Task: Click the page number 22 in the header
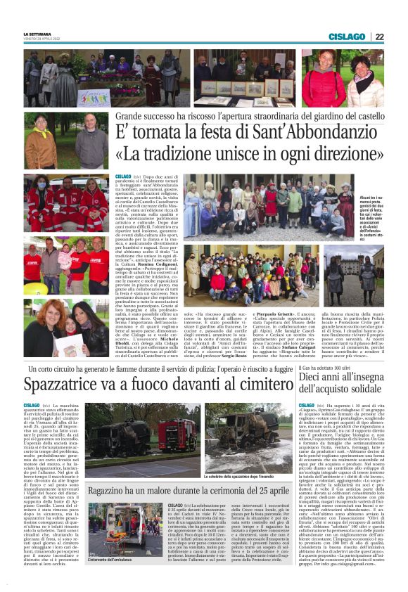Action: (x=379, y=37)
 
